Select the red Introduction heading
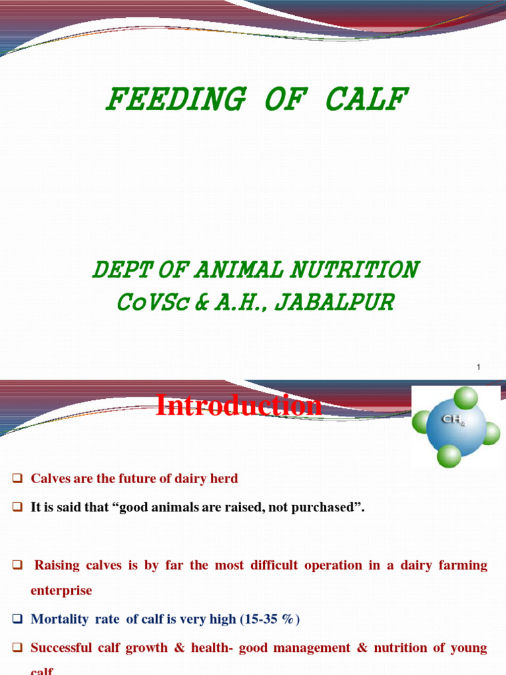(239, 405)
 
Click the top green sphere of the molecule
(466, 398)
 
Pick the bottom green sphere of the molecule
(449, 455)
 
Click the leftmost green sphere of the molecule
(422, 422)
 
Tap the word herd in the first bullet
(225, 479)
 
